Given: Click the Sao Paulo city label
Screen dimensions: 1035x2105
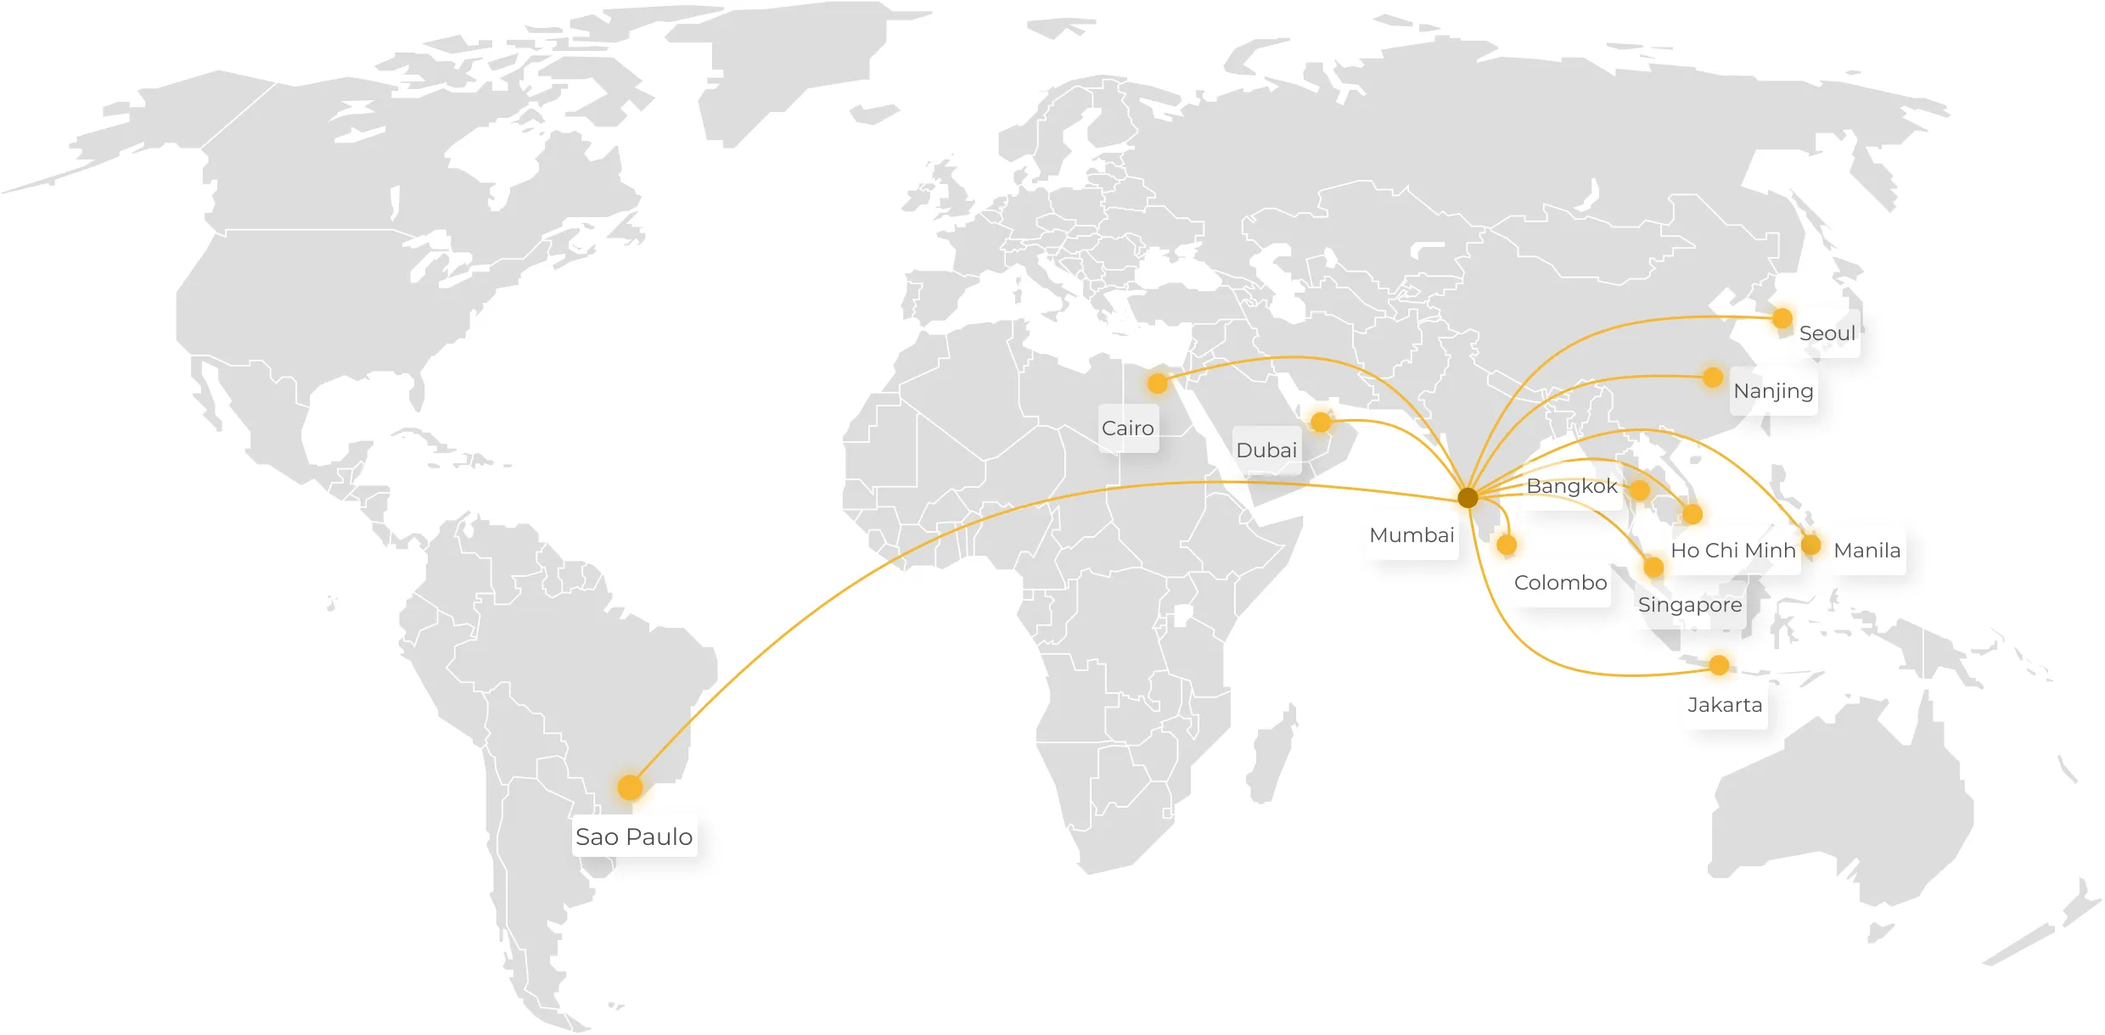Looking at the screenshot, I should pyautogui.click(x=634, y=837).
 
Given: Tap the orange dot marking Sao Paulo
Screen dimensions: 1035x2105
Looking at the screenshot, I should pyautogui.click(x=630, y=787).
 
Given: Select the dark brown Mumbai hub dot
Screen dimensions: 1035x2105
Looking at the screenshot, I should pyautogui.click(x=1468, y=498).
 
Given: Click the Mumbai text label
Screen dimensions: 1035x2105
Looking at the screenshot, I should pyautogui.click(x=1412, y=535).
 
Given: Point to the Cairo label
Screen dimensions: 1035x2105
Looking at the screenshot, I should pyautogui.click(x=1127, y=428).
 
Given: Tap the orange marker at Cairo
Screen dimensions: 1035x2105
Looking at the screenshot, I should pyautogui.click(x=1157, y=383).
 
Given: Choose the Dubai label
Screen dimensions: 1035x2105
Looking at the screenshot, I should pyautogui.click(x=1266, y=450).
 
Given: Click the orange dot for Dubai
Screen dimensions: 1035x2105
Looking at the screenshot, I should pyautogui.click(x=1321, y=422).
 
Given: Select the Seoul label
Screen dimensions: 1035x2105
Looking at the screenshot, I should pyautogui.click(x=1827, y=333).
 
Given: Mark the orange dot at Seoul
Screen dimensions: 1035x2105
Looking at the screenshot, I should pyautogui.click(x=1782, y=318).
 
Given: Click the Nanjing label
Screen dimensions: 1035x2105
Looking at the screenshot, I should pyautogui.click(x=1773, y=391).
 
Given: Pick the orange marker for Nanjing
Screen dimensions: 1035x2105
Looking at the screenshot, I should pyautogui.click(x=1713, y=377).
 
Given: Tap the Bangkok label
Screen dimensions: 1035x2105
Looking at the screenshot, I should pyautogui.click(x=1571, y=486).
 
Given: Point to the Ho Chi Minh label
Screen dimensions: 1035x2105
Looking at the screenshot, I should pyautogui.click(x=1733, y=551).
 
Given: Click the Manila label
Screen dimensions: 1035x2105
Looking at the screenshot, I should pyautogui.click(x=1866, y=551).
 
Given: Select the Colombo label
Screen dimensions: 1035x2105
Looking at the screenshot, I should pyautogui.click(x=1560, y=583).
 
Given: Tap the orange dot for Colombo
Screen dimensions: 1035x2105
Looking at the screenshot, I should pyautogui.click(x=1507, y=545).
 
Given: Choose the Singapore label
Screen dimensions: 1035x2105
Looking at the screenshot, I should pyautogui.click(x=1689, y=605).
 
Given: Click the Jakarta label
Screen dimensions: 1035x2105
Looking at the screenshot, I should pyautogui.click(x=1725, y=705).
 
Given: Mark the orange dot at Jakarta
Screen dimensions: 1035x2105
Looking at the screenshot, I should pyautogui.click(x=1720, y=665).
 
